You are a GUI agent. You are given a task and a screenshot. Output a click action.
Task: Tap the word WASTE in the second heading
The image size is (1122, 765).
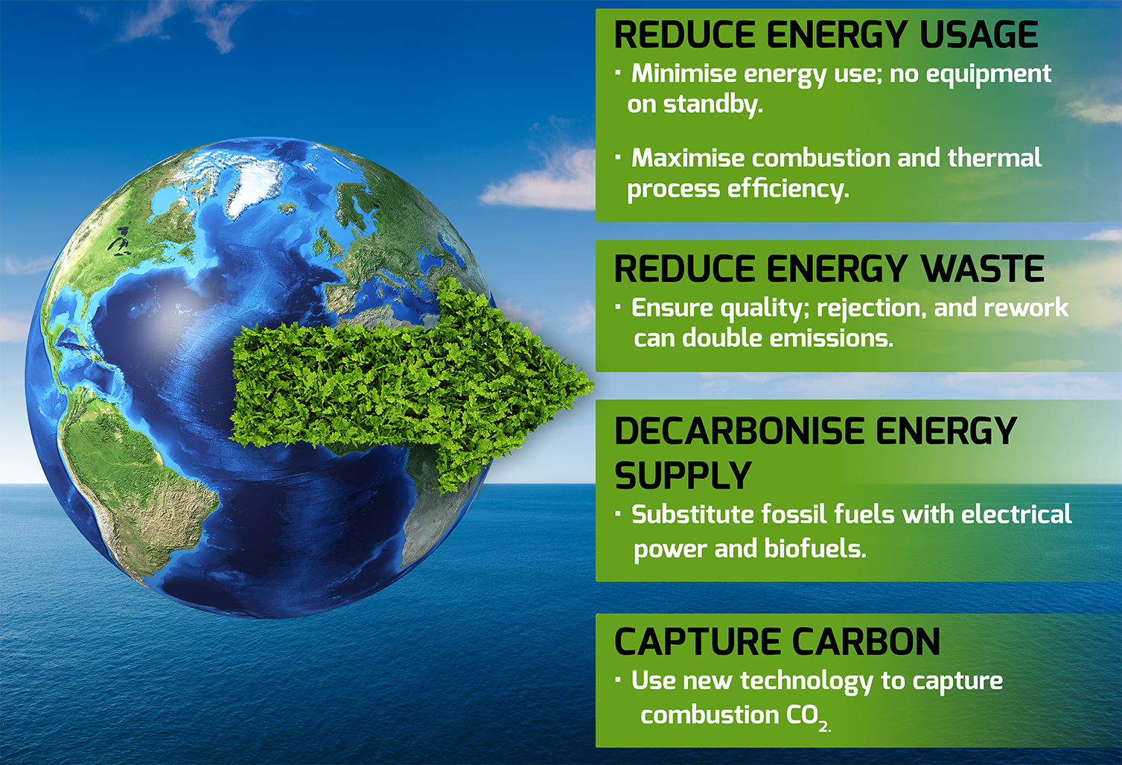point(983,269)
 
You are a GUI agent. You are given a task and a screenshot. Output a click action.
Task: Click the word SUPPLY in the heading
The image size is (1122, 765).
point(683,475)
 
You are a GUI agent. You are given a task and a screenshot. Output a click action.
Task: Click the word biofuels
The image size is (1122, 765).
point(815,549)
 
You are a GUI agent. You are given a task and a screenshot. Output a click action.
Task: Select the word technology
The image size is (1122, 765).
point(806,682)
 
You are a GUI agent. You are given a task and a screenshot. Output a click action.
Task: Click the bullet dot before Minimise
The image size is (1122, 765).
point(619,73)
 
